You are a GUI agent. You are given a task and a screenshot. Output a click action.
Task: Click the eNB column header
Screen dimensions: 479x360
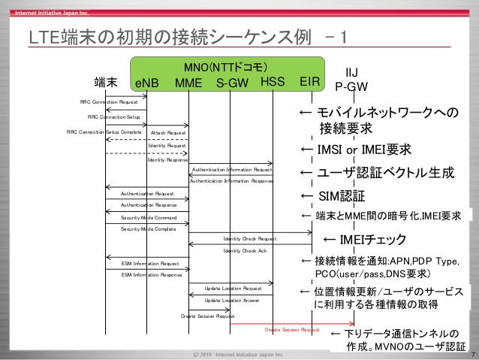pyautogui.click(x=146, y=83)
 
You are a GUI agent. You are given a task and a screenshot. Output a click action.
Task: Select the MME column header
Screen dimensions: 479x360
pyautogui.click(x=188, y=83)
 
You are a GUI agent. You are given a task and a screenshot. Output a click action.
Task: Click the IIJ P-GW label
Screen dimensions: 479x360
pyautogui.click(x=350, y=79)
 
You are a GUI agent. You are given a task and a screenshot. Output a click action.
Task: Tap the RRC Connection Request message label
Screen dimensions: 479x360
pyautogui.click(x=109, y=101)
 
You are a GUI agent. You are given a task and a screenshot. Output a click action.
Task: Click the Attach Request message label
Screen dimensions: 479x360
pyautogui.click(x=168, y=132)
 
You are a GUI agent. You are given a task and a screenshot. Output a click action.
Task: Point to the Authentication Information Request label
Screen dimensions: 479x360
pyautogui.click(x=232, y=170)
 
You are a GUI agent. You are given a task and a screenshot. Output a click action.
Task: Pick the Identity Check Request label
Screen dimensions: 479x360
pyautogui.click(x=249, y=239)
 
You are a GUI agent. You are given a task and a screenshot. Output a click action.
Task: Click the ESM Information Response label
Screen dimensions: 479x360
pyautogui.click(x=152, y=275)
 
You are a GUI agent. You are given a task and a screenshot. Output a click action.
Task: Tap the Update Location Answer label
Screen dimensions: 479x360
pyautogui.click(x=232, y=300)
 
